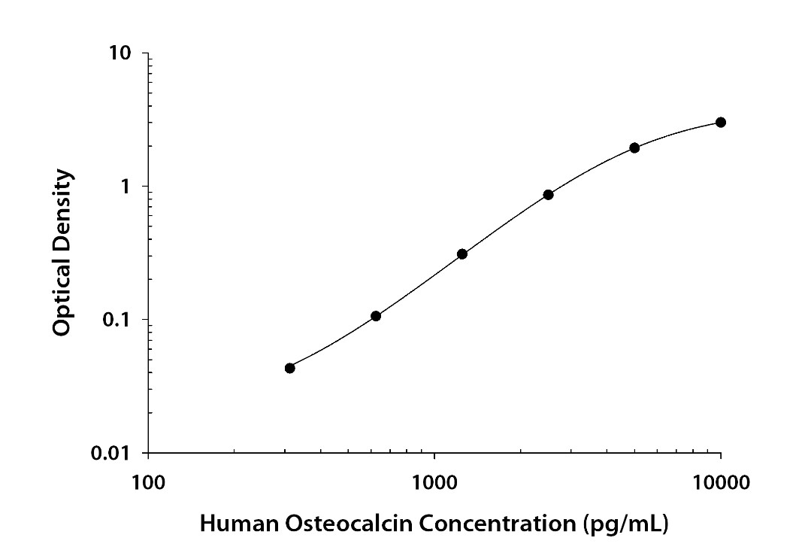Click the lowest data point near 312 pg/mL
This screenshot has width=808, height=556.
pyautogui.click(x=290, y=368)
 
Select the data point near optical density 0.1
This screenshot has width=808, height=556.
pyautogui.click(x=376, y=316)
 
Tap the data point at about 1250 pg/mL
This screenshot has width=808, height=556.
pyautogui.click(x=462, y=254)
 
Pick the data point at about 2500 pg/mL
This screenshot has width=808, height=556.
pyautogui.click(x=549, y=195)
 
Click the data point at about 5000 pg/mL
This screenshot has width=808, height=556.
pyautogui.click(x=634, y=147)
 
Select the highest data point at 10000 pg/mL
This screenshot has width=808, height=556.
pyautogui.click(x=721, y=122)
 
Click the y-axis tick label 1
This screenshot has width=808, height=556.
pyautogui.click(x=127, y=187)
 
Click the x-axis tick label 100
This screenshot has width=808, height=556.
pyautogui.click(x=147, y=481)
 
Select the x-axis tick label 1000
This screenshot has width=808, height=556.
pyautogui.click(x=434, y=481)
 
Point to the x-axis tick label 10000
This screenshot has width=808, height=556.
pyautogui.click(x=721, y=481)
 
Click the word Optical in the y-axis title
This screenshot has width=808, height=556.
pyautogui.click(x=64, y=293)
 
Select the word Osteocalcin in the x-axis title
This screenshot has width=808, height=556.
pyautogui.click(x=330, y=524)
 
